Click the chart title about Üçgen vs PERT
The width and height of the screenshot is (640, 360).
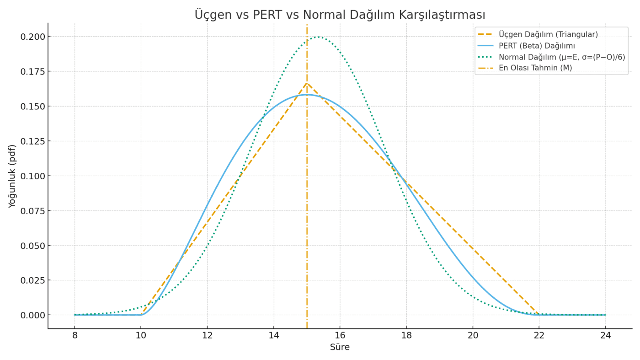(340, 15)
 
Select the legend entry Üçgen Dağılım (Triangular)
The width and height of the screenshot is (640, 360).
(548, 34)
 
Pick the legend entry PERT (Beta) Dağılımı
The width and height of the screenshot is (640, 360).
(537, 46)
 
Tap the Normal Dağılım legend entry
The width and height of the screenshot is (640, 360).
(561, 57)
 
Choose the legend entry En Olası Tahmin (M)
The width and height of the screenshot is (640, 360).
(535, 68)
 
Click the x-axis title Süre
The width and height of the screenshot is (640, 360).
(340, 347)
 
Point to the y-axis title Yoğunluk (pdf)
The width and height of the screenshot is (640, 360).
(12, 176)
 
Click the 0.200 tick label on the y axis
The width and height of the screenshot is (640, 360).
(32, 37)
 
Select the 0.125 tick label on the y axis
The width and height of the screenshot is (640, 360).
(32, 141)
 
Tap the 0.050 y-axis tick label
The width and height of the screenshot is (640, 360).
(32, 246)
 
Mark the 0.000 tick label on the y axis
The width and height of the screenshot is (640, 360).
(32, 315)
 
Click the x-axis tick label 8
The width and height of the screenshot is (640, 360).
(75, 335)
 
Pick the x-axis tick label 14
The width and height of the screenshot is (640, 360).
(273, 335)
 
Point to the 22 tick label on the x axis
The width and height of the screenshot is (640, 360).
(539, 335)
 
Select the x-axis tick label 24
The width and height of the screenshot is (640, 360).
(605, 335)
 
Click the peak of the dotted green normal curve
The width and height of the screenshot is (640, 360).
(318, 37)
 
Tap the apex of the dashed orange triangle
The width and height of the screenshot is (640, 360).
(307, 83)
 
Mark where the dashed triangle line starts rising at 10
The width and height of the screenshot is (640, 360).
(141, 314)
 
